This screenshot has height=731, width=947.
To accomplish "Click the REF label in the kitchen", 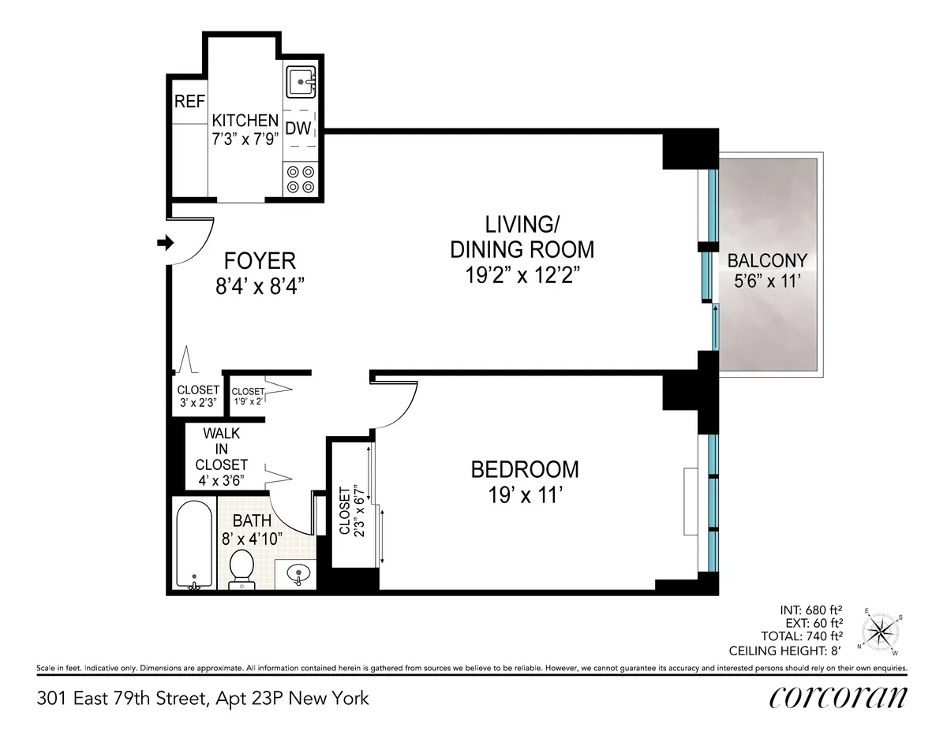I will coord(189,102).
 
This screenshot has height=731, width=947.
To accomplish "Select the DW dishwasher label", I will coord(298,129).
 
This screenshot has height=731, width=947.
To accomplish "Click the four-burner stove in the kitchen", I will coord(301,178).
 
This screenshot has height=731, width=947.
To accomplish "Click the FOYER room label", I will coord(260,261).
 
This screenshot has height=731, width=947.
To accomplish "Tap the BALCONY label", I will coord(767,261).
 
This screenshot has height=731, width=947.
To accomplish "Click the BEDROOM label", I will coord(524,470).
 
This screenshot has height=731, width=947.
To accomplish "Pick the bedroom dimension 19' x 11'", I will coord(524,496).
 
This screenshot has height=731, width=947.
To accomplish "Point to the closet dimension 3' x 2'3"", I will coord(197,401).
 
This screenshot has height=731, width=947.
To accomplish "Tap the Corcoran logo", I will coord(837,699).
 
